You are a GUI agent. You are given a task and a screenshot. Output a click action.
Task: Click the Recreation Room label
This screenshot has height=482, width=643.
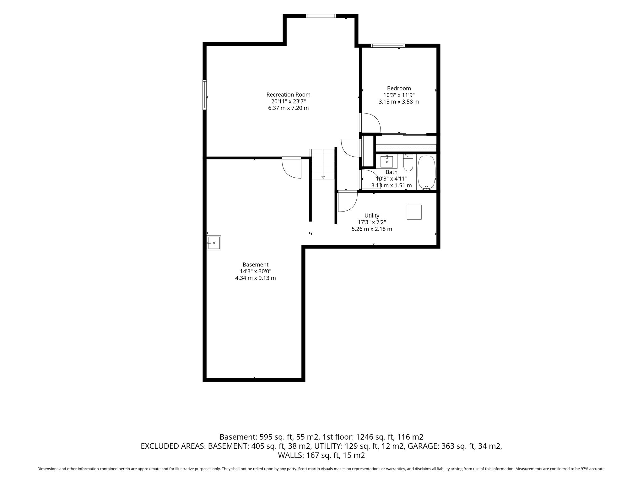coord(288,94)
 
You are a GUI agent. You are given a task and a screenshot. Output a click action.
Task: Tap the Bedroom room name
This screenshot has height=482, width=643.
coord(399,88)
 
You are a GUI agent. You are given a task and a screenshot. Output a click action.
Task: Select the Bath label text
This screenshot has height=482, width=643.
coord(392,172)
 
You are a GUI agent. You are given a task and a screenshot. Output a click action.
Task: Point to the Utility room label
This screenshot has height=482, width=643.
coord(372,216)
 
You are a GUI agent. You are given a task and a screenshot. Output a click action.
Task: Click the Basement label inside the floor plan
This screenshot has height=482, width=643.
coord(256,265)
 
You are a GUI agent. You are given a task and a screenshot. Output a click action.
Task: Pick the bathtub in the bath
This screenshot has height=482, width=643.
coord(426,173)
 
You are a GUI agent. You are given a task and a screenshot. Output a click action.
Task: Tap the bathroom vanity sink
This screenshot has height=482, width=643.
coord(387,161)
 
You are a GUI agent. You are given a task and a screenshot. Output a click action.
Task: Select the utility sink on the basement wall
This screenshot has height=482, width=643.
coord(214,243)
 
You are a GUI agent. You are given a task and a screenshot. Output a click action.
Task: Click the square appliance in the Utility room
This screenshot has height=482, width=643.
coord(414,212)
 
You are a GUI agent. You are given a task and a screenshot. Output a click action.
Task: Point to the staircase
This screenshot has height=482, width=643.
coord(323,164)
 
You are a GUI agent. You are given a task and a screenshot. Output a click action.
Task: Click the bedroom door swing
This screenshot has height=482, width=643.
coord(370,123)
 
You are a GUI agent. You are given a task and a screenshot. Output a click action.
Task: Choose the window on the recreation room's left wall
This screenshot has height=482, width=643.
coord(205,95)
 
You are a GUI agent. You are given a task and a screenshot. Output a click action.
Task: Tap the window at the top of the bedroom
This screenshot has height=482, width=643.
coord(388,46)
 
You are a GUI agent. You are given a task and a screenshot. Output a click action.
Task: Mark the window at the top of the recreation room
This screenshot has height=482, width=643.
coord(321,16)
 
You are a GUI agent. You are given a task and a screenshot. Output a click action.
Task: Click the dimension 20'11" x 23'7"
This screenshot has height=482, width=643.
coord(288,101)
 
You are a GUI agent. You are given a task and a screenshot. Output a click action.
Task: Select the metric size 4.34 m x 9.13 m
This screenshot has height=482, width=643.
coord(256,278)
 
